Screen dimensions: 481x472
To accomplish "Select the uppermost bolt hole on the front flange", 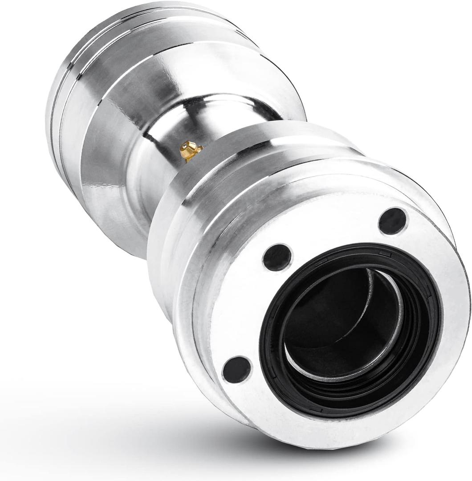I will [x=393, y=221].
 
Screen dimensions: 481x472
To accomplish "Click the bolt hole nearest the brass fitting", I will [x=277, y=257].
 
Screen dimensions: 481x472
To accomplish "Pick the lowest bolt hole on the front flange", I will [x=237, y=369].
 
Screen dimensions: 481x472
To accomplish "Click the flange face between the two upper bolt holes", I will [x=334, y=232].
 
